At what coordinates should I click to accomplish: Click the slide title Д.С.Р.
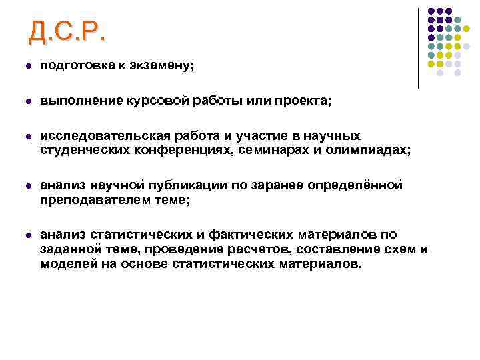point(67,31)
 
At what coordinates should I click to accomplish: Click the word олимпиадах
point(373,151)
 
